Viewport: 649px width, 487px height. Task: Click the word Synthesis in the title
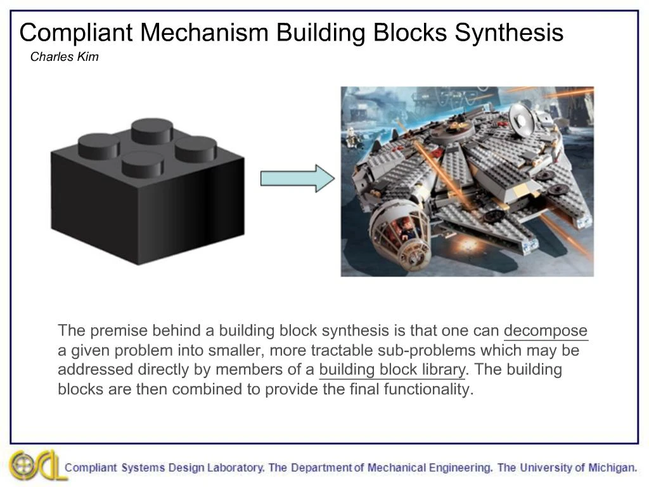(508, 32)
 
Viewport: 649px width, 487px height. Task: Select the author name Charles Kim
(64, 57)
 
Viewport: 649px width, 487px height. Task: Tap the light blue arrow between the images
(297, 178)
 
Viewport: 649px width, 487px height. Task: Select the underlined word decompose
(545, 331)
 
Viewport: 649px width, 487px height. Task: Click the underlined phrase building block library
(392, 370)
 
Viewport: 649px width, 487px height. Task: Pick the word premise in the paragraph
(116, 331)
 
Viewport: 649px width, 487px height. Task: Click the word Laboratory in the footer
(235, 468)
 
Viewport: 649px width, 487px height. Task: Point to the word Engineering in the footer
(460, 468)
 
